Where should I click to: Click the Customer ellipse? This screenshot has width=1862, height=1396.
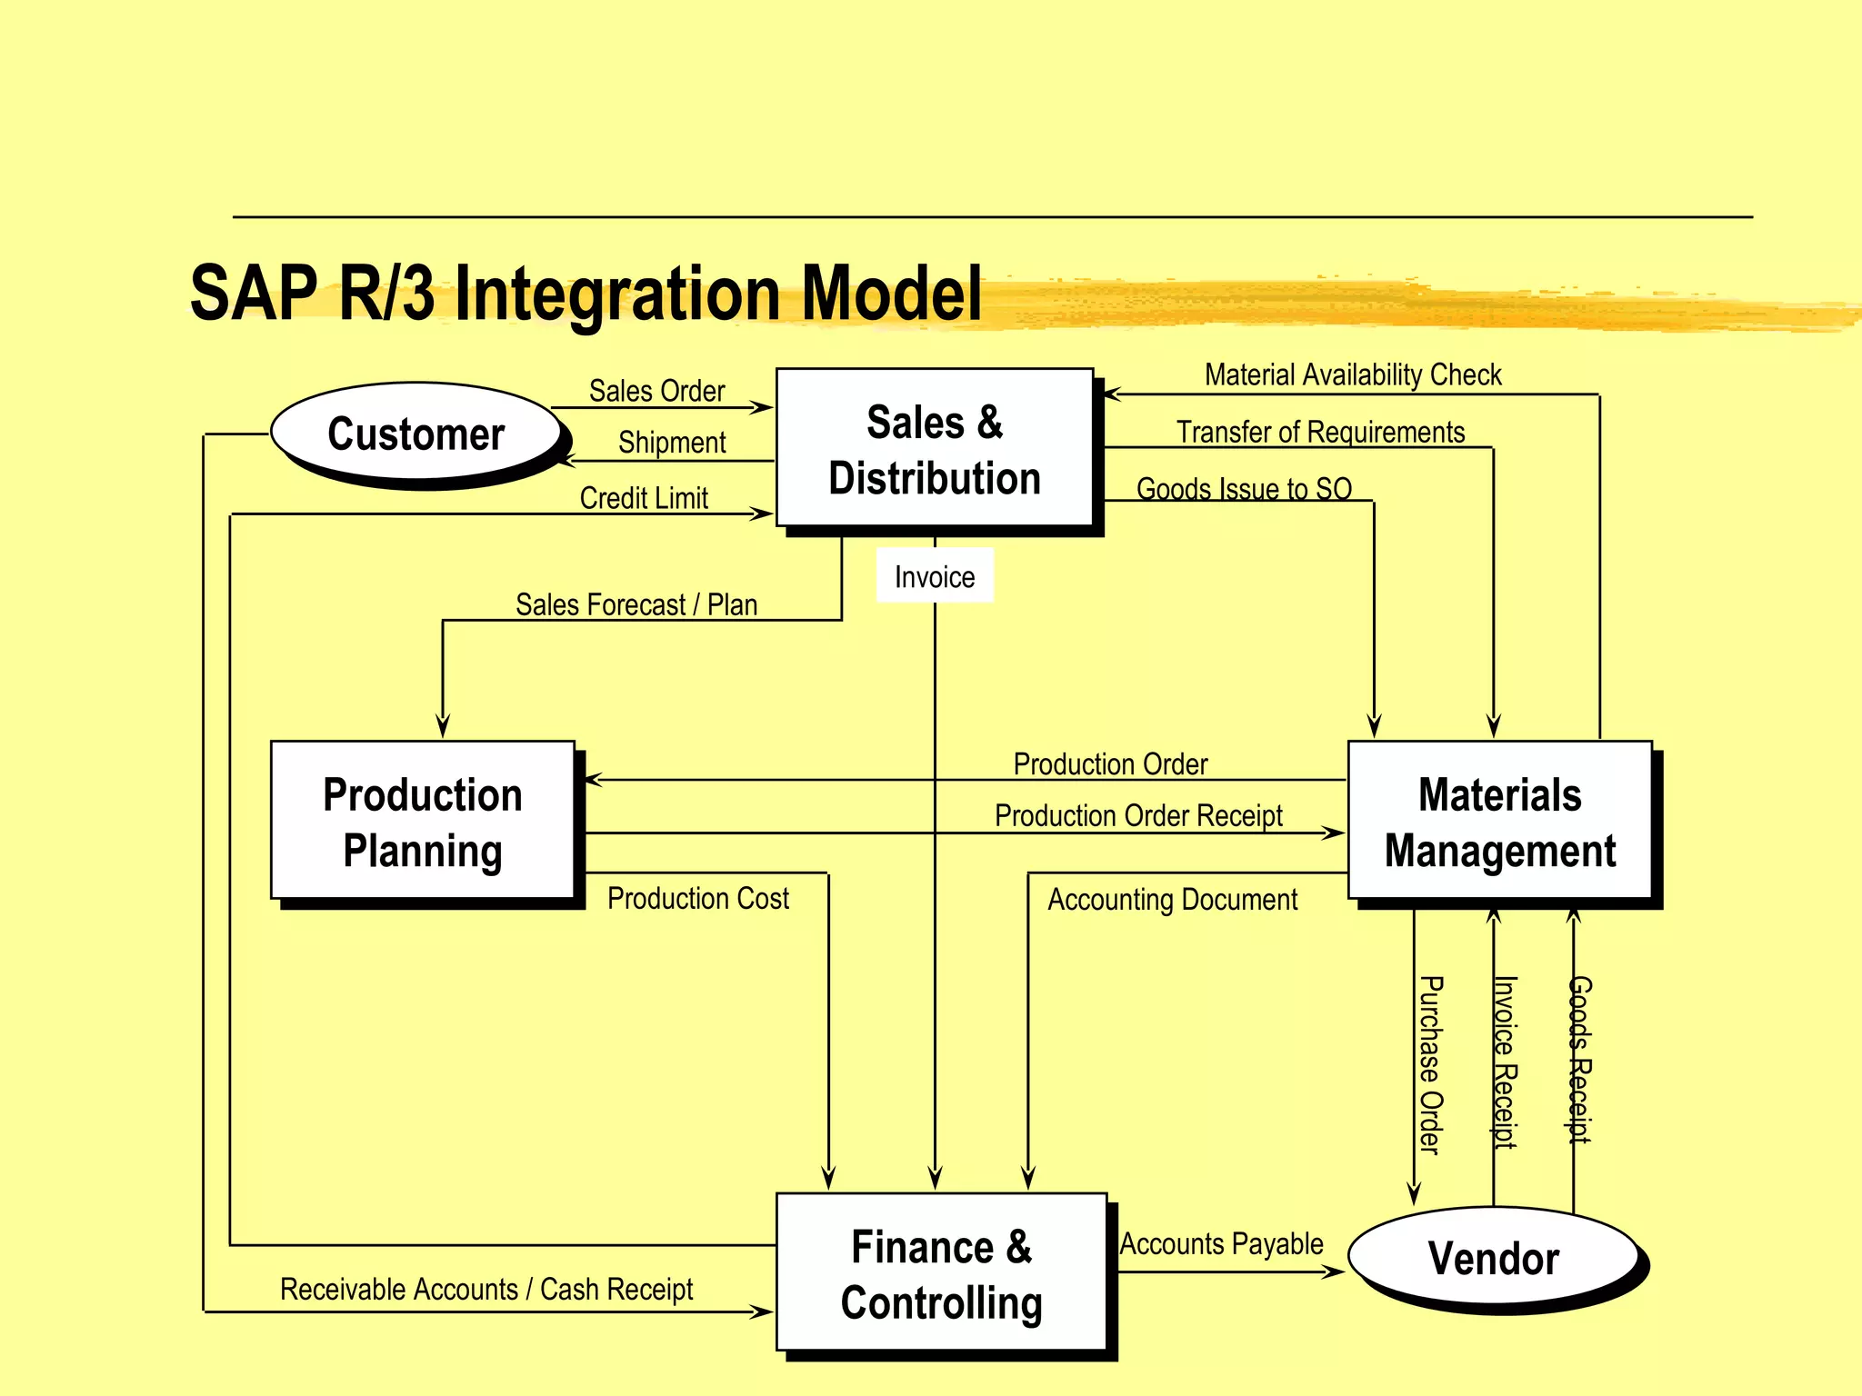point(416,434)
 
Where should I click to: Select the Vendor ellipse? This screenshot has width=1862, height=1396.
point(1493,1259)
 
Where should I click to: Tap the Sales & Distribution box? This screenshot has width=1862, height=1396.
point(935,449)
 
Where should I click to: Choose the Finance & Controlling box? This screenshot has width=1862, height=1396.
point(941,1273)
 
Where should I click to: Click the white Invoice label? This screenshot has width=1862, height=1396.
point(935,576)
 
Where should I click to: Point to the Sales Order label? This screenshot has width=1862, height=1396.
point(656,391)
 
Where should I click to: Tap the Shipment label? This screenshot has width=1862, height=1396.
point(672,443)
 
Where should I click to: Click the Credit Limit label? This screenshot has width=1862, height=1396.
point(644,498)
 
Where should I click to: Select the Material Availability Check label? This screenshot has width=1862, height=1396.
point(1353,374)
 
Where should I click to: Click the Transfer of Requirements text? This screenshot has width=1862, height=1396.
point(1320,432)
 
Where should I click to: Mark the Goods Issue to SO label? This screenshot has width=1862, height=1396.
point(1244,488)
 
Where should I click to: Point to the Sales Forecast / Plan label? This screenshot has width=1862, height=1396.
point(636,604)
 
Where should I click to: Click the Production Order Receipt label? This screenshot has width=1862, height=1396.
point(1138,815)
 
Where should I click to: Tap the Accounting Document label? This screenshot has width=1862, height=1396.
point(1172,900)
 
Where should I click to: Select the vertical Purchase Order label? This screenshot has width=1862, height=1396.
point(1430,1065)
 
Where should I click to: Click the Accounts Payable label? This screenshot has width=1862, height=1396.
point(1221,1243)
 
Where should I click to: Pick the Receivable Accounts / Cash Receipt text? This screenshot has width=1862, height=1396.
point(486,1289)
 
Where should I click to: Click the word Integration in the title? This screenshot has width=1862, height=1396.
point(617,294)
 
